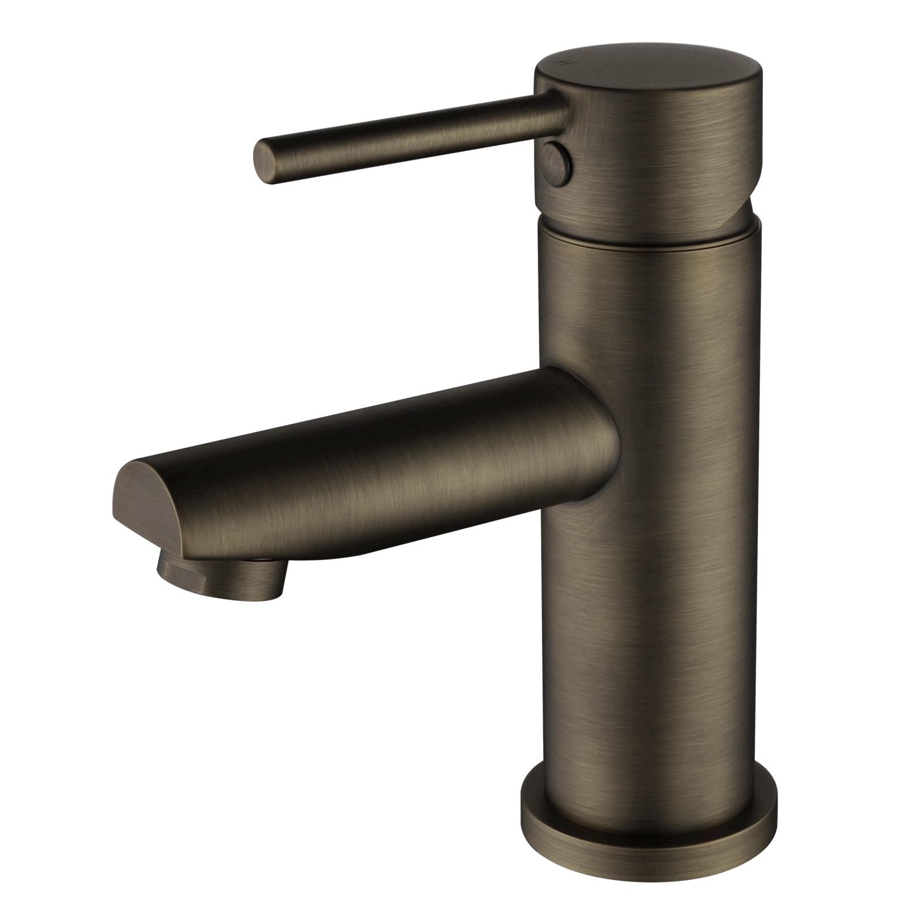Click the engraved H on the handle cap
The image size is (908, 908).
coord(565,61)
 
